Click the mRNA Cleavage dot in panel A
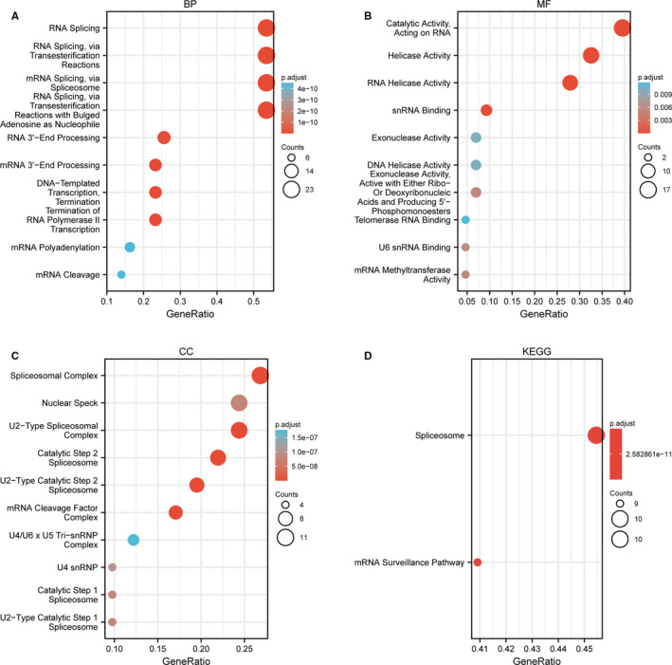[121, 275]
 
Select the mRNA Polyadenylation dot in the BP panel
[130, 248]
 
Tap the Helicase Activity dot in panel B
[590, 56]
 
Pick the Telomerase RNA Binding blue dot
[464, 220]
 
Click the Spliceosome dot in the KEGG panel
[596, 435]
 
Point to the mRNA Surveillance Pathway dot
[477, 563]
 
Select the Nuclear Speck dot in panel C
[239, 403]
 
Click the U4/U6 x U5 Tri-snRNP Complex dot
[134, 540]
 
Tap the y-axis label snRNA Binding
[424, 111]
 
